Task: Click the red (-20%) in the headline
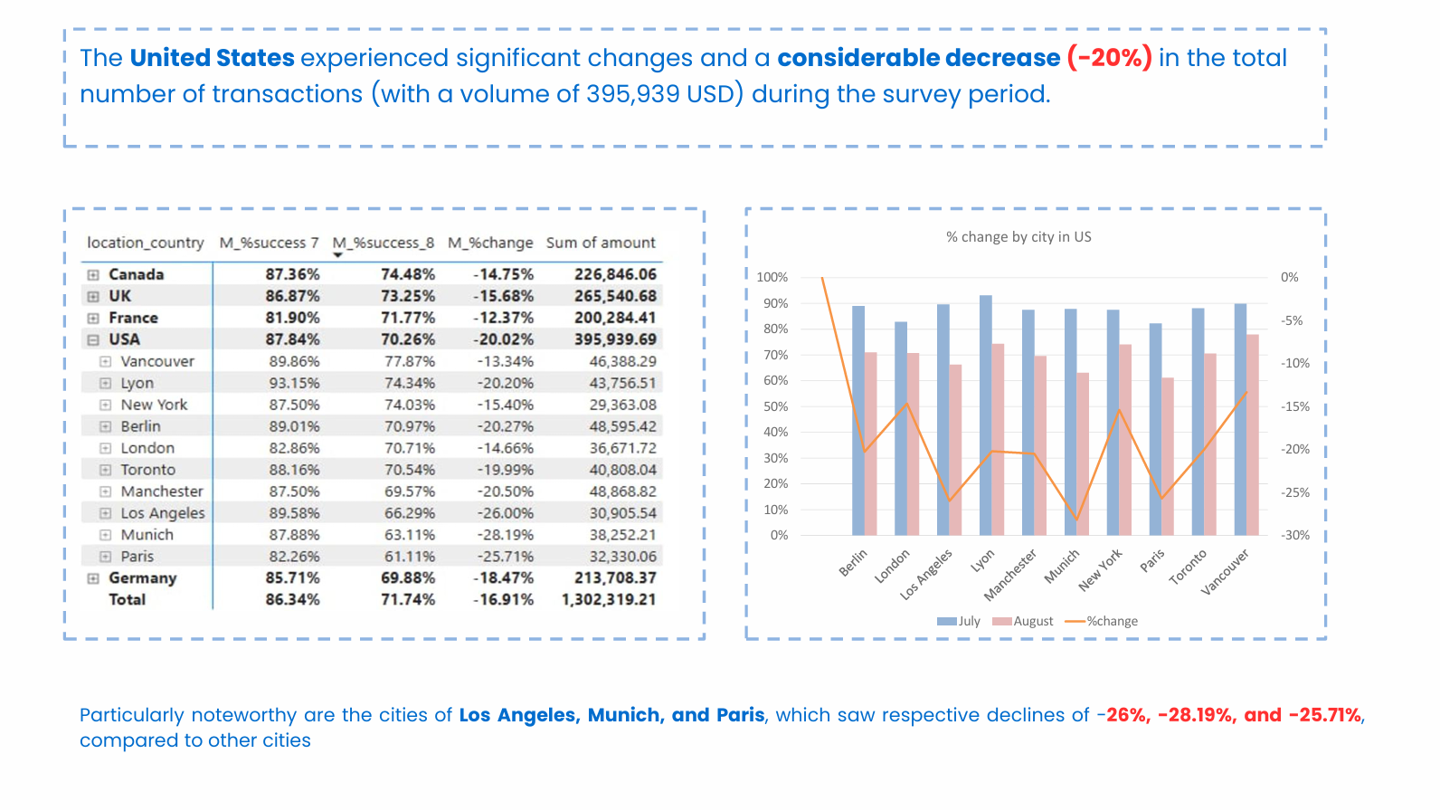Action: [x=1109, y=58]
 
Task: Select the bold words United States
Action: [x=213, y=58]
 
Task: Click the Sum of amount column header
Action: [x=601, y=243]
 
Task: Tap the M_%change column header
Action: [x=490, y=243]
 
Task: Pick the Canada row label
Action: [x=136, y=274]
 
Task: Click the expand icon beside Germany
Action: [x=93, y=578]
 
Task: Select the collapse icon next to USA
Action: [x=93, y=339]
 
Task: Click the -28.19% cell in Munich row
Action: [x=506, y=535]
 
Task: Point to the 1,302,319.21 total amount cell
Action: [x=609, y=599]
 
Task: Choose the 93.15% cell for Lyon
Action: [x=294, y=383]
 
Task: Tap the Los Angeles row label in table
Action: [x=163, y=513]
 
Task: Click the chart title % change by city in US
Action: [x=1018, y=237]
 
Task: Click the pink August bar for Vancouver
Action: [x=1253, y=434]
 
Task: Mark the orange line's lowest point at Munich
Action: [x=1076, y=520]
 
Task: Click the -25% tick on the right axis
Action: [x=1295, y=492]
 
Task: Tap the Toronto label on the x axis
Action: [x=1188, y=568]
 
